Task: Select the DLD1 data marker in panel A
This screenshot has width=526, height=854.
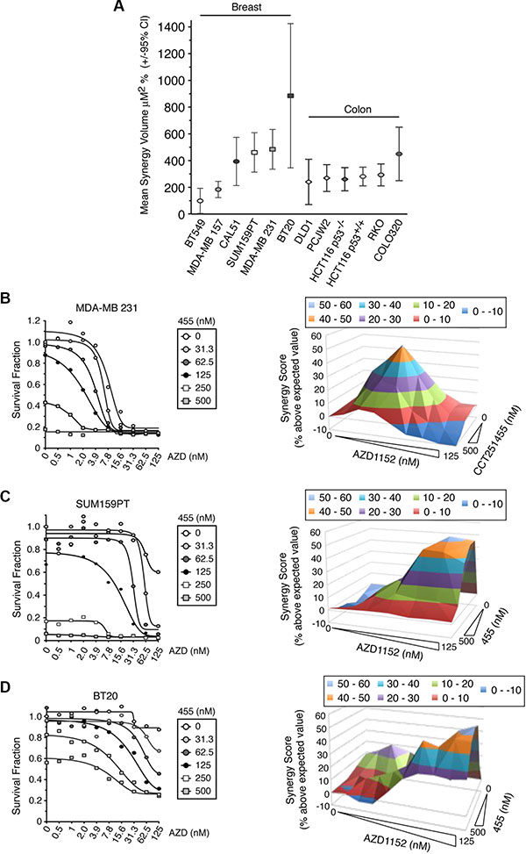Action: (309, 182)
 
